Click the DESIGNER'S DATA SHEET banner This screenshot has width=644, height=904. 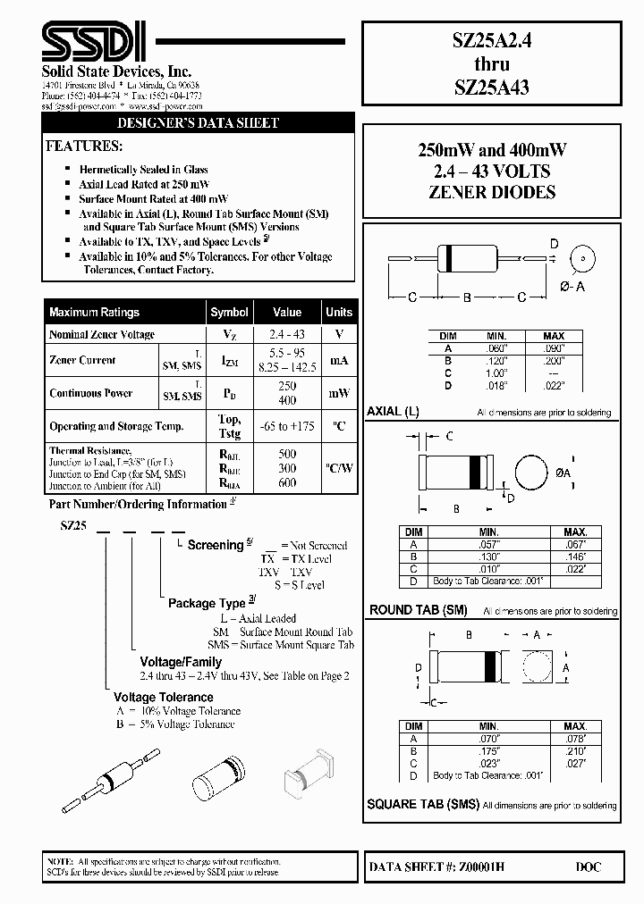pos(199,123)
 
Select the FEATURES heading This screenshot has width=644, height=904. pos(84,146)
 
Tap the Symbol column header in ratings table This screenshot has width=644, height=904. pos(229,313)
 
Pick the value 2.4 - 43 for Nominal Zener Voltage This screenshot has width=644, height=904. pos(287,335)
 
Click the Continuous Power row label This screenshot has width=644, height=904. pos(90,393)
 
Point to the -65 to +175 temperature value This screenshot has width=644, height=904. pos(287,427)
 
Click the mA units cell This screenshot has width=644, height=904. pos(338,361)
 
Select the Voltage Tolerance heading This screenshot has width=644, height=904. pos(163,697)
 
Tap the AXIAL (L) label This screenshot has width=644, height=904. pos(393,412)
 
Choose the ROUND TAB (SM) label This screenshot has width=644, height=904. pos(419,611)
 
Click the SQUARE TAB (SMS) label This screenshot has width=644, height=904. pos(423,804)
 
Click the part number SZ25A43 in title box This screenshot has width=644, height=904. pos(494,87)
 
